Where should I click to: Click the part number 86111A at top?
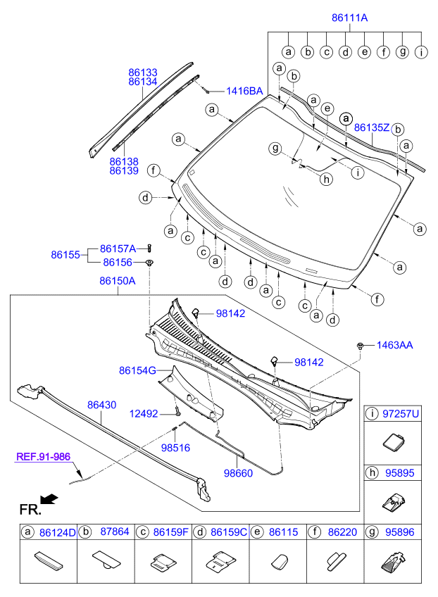[349, 18]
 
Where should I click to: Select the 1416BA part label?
[244, 91]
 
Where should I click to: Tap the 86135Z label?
[372, 127]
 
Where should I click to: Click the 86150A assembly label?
[117, 281]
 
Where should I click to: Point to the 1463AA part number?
[394, 345]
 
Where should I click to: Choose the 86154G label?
[137, 369]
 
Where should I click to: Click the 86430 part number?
[102, 406]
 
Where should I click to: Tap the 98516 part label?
[175, 447]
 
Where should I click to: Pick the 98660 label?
[238, 474]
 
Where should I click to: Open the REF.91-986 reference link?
[45, 457]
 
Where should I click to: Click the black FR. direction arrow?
[49, 499]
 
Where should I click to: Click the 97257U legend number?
[400, 415]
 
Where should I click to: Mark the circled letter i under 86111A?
[421, 51]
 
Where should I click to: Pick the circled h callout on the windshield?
[326, 180]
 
